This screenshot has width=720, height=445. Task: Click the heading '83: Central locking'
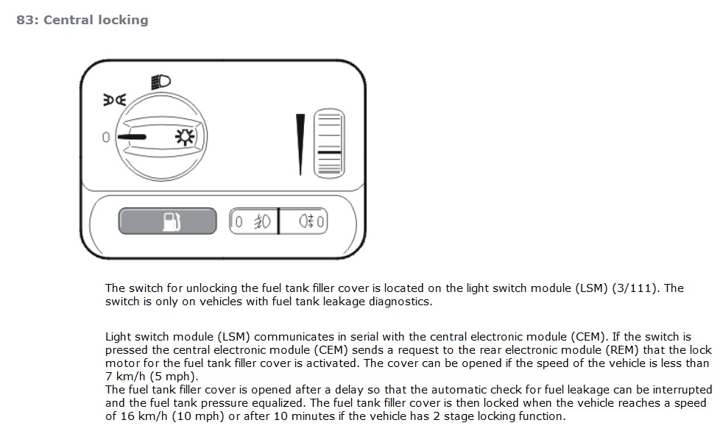(82, 21)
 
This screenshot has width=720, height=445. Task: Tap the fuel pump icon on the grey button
(171, 221)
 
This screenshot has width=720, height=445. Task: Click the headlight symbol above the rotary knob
(160, 82)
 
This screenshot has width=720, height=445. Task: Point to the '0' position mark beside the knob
(106, 138)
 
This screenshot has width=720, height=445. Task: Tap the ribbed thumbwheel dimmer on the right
(329, 143)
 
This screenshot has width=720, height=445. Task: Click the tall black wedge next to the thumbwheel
(300, 143)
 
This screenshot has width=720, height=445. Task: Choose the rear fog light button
(302, 221)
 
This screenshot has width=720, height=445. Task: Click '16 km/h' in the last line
(141, 416)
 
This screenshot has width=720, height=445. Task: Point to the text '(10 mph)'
(194, 416)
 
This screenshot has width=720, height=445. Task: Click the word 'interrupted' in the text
(680, 390)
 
